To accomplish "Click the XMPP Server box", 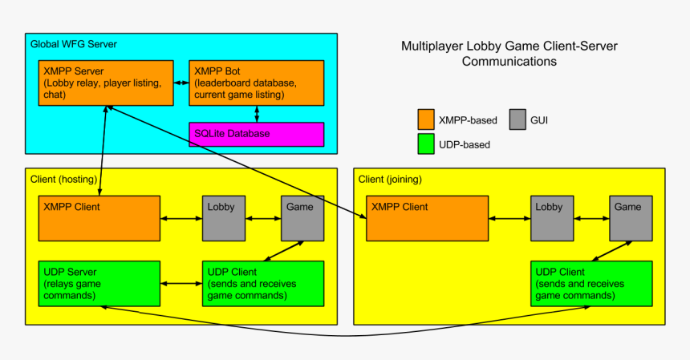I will click(106, 83).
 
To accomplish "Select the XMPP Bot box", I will click(256, 83).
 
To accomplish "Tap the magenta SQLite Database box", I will click(256, 134).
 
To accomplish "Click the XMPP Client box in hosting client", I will click(99, 218).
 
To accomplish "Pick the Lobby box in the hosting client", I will click(223, 218).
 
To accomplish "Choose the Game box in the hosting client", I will click(302, 218).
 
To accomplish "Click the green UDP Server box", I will click(99, 283).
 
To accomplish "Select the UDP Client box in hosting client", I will click(263, 283).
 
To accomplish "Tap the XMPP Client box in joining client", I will click(427, 218).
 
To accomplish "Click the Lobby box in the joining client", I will click(551, 218).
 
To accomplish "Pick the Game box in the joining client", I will click(630, 218).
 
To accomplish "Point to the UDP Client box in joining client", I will click(591, 283).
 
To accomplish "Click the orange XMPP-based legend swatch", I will click(426, 120).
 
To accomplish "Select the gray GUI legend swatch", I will click(517, 120).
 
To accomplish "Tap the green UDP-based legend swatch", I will click(426, 144).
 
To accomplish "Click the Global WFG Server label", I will click(74, 43).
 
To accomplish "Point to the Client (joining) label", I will click(390, 179).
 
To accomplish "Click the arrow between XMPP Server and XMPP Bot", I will click(181, 83).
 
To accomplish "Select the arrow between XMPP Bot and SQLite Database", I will click(256, 114).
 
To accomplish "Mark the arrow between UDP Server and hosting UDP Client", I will click(181, 283).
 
